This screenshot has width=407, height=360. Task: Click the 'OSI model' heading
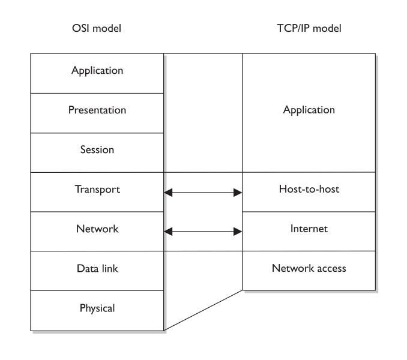pyautogui.click(x=97, y=29)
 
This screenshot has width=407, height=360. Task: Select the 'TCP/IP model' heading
pyautogui.click(x=309, y=29)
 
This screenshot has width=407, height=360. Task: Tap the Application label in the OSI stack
pyautogui.click(x=97, y=71)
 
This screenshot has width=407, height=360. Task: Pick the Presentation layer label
pyautogui.click(x=97, y=110)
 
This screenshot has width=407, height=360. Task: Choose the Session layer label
pyautogui.click(x=97, y=150)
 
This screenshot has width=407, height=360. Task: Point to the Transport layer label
pyautogui.click(x=97, y=190)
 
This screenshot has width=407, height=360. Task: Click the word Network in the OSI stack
pyautogui.click(x=97, y=229)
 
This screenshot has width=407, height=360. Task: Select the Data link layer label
pyautogui.click(x=97, y=269)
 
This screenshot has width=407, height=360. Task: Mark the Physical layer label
pyautogui.click(x=97, y=309)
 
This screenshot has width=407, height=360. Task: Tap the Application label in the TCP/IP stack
pyautogui.click(x=309, y=110)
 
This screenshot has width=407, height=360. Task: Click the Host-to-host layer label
pyautogui.click(x=309, y=190)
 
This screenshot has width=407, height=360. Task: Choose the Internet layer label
pyautogui.click(x=309, y=229)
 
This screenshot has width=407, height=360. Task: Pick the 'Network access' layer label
pyautogui.click(x=309, y=269)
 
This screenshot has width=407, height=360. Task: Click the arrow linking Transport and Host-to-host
pyautogui.click(x=203, y=193)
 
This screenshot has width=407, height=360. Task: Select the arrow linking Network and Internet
pyautogui.click(x=203, y=231)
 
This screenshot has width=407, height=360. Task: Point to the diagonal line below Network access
pyautogui.click(x=203, y=310)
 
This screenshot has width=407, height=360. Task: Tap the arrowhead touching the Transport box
pyautogui.click(x=169, y=193)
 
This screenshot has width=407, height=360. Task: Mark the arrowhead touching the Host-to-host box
pyautogui.click(x=238, y=193)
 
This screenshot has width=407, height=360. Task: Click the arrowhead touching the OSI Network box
pyautogui.click(x=169, y=231)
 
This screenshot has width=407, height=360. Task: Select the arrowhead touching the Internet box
pyautogui.click(x=238, y=231)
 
